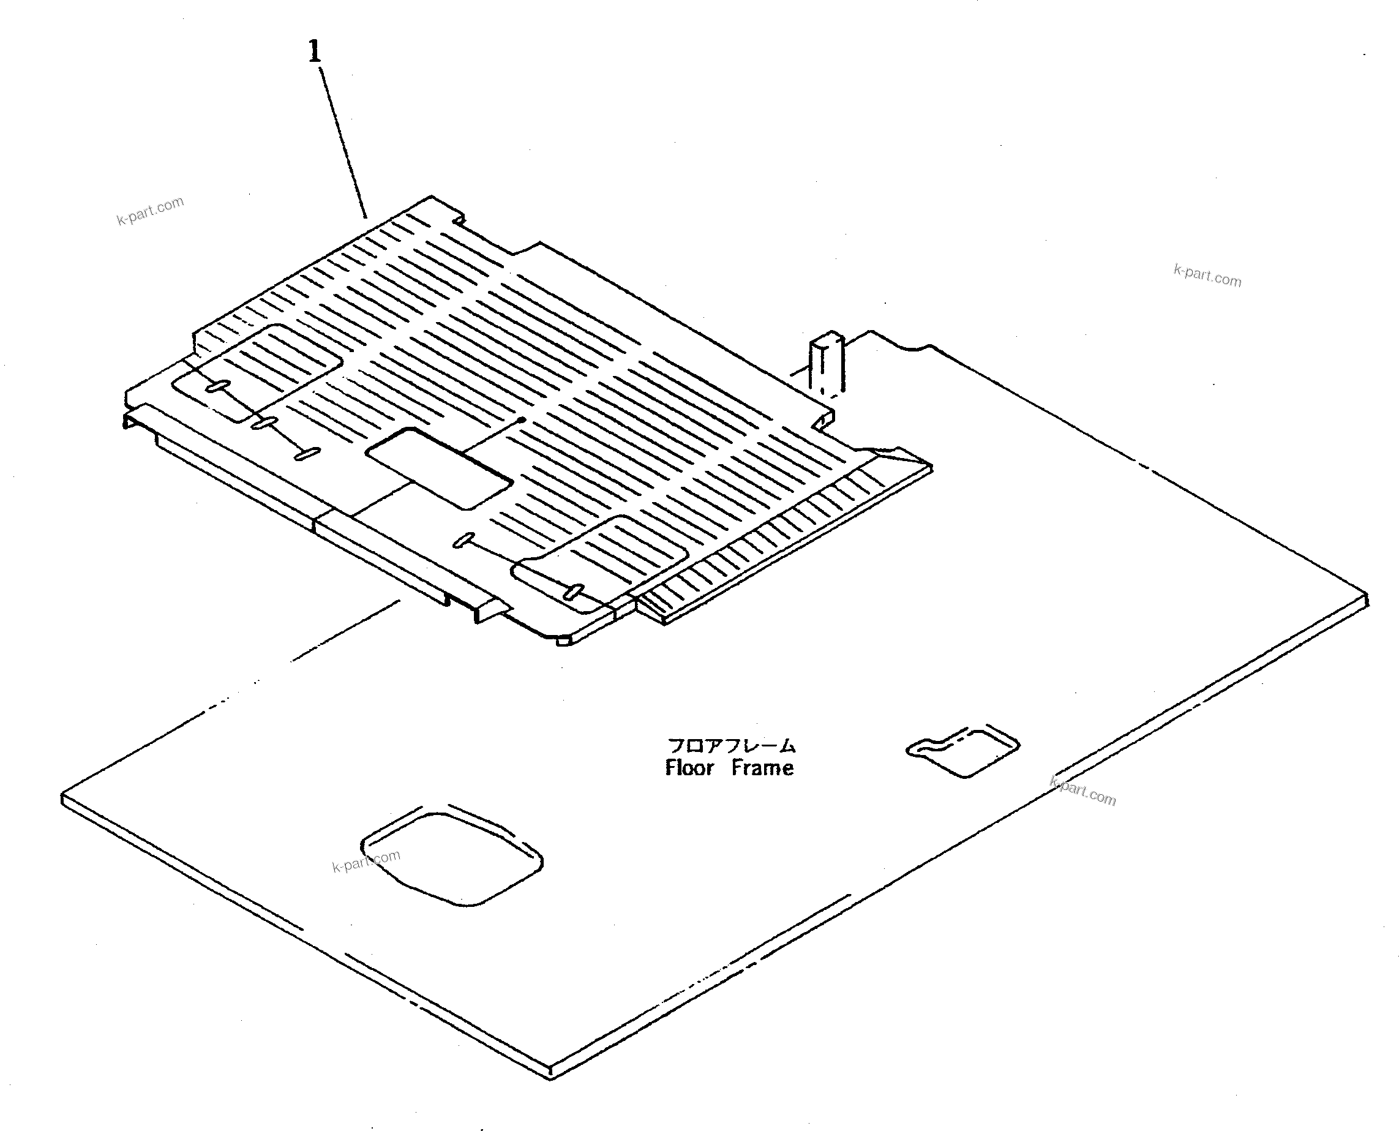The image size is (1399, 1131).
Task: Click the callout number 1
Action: [x=315, y=51]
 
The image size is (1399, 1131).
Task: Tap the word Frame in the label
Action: [x=762, y=768]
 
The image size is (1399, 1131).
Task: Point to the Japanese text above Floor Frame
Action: [x=732, y=745]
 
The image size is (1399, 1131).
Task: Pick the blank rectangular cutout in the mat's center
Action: [x=440, y=468]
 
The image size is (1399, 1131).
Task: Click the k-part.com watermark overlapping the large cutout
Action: [x=366, y=862]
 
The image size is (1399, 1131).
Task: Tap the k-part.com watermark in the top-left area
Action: [x=151, y=211]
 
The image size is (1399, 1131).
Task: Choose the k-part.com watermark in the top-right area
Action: [x=1207, y=276]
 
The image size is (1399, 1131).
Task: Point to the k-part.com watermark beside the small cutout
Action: [x=1083, y=792]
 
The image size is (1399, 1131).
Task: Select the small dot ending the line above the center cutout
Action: [x=522, y=420]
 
